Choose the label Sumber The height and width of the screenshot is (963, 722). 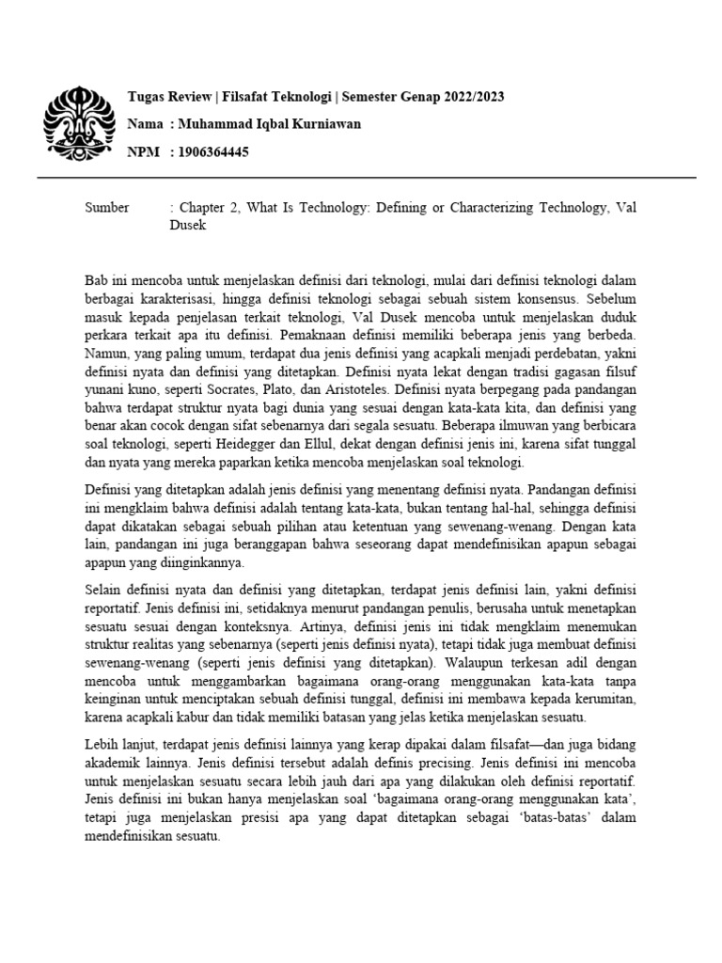pos(107,208)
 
